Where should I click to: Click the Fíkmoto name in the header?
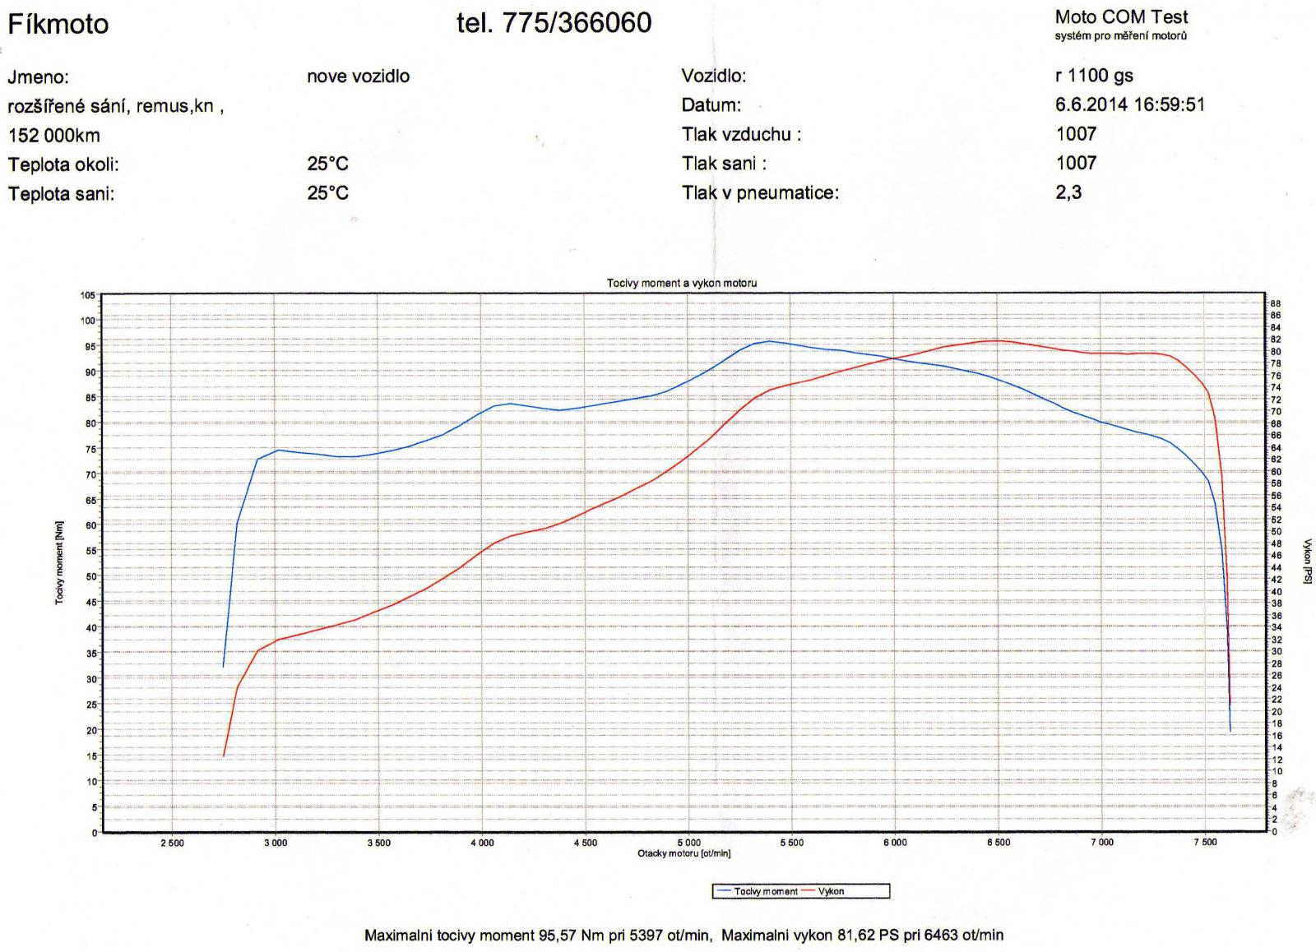coord(58,24)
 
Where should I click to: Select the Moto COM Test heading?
coord(1121,17)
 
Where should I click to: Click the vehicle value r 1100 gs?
coord(1094,76)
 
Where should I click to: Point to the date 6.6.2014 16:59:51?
coord(1129,104)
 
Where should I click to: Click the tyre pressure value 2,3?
coord(1068,192)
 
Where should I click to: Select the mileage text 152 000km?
coord(54,135)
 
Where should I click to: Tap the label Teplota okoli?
coord(63,164)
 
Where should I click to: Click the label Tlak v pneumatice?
coord(760,193)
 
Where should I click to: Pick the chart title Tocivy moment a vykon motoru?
coord(682,283)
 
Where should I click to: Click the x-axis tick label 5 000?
coord(688,843)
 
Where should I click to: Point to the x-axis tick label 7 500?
coord(1205,843)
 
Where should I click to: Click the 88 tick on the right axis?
coord(1276,303)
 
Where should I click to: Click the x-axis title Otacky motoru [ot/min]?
coord(683,853)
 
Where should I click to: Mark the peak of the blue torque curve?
coord(769,341)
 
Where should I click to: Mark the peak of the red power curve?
coord(996,340)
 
